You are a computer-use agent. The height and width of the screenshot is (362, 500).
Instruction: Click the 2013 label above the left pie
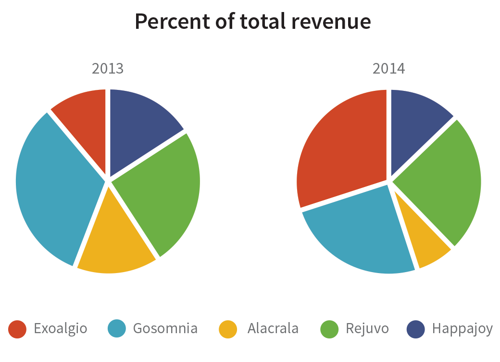point(108,69)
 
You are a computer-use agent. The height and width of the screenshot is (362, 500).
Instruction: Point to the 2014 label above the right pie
point(389,69)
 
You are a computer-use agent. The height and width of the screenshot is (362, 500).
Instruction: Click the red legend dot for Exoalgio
point(17,329)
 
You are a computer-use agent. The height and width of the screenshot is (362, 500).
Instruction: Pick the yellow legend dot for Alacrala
point(228,329)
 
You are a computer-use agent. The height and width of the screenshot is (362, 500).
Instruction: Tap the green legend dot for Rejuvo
point(329,329)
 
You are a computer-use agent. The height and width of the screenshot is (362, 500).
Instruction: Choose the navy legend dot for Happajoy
point(416,329)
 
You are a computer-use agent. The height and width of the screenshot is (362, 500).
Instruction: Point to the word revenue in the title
point(331,22)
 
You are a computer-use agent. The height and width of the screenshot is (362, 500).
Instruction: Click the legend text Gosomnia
point(165,329)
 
